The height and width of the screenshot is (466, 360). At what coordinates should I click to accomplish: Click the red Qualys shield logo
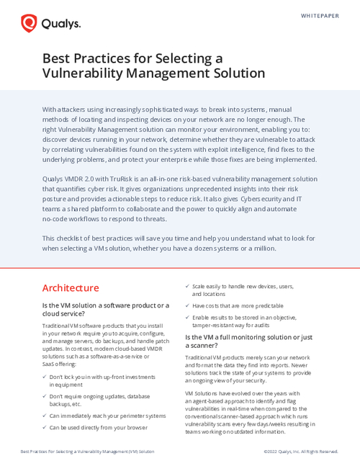[x=30, y=24]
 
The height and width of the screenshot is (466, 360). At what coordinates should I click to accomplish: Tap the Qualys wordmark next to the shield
[x=60, y=24]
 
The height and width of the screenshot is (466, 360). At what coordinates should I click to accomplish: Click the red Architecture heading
[x=71, y=288]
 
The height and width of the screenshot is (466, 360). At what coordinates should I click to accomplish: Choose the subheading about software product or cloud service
[x=106, y=310]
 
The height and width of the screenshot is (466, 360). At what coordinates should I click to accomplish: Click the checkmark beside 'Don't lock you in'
[x=44, y=377]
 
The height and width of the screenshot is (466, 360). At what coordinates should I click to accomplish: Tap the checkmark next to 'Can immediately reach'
[x=44, y=416]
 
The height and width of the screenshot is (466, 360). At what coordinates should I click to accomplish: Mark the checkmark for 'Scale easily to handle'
[x=187, y=286]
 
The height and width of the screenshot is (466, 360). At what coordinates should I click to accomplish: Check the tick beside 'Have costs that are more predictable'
[x=187, y=305]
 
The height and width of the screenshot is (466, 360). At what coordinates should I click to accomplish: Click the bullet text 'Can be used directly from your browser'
[x=98, y=427]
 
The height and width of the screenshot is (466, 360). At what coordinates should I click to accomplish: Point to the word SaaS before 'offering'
[x=49, y=364]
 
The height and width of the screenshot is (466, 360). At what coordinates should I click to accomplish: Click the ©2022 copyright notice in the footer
[x=301, y=452]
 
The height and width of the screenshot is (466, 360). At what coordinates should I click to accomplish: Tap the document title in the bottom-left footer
[x=87, y=452]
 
